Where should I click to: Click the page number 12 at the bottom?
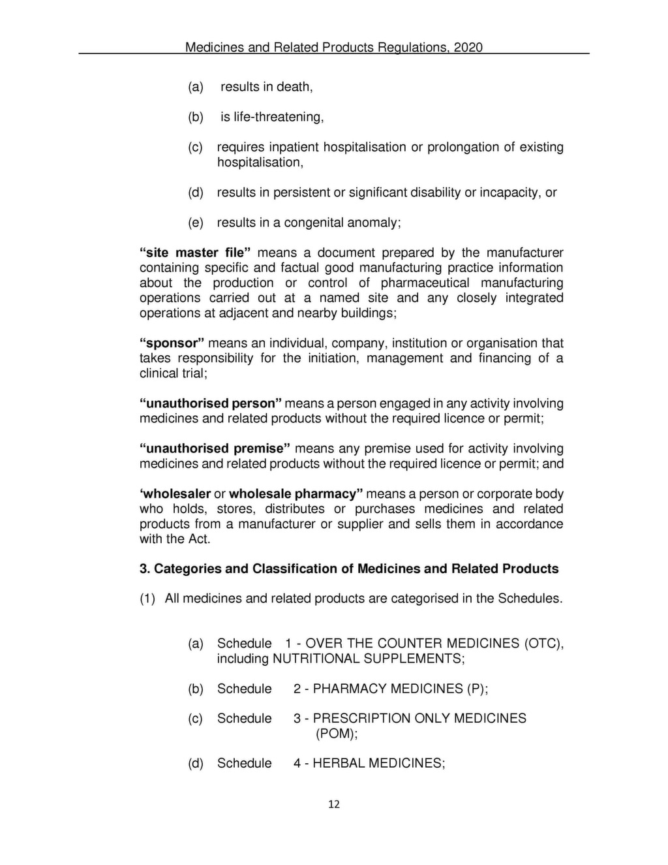point(333,804)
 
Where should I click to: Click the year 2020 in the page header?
point(468,47)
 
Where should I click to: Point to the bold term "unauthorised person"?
point(211,403)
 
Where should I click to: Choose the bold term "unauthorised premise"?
point(214,448)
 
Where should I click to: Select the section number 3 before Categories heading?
point(144,569)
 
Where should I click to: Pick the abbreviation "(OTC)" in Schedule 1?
point(543,644)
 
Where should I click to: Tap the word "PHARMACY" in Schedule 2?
point(350,689)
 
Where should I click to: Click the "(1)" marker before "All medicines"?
point(147,599)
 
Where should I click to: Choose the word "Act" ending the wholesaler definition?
point(198,539)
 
